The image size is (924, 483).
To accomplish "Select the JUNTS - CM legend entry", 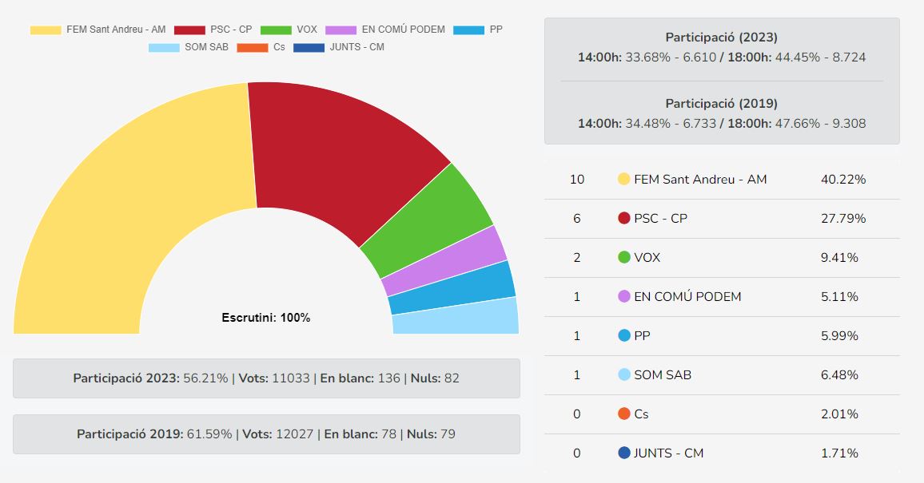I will [x=339, y=47].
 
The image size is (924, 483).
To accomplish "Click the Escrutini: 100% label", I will [x=265, y=318].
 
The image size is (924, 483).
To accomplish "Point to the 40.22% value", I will [x=843, y=180].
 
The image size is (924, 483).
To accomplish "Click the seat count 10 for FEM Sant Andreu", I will [x=577, y=180].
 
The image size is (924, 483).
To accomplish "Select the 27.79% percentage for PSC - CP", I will [x=843, y=219].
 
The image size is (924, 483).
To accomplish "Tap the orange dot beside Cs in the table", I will [x=624, y=414].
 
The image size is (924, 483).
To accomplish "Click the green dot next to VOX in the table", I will [x=624, y=258].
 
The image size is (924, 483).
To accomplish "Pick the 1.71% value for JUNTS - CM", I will [x=839, y=453].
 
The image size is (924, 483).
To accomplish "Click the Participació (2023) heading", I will [x=721, y=38].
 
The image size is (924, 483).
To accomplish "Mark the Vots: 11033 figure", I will [x=276, y=378].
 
